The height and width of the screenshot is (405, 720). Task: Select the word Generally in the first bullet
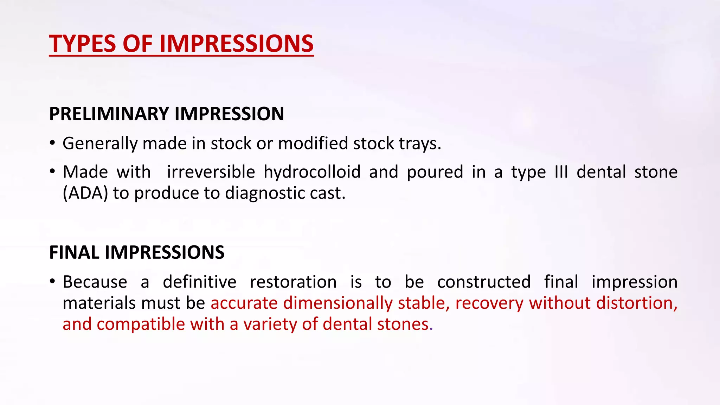click(100, 144)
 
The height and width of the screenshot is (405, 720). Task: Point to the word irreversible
click(211, 172)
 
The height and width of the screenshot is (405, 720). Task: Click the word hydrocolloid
click(312, 172)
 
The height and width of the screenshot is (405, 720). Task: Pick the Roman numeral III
click(561, 172)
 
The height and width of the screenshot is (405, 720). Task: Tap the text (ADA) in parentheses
click(85, 193)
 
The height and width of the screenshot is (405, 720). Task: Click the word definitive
click(199, 282)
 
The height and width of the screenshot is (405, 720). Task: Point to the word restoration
click(293, 282)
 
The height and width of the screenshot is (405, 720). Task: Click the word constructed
click(484, 282)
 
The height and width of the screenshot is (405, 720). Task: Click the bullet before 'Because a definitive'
click(52, 282)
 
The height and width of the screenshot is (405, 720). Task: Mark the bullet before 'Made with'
click(52, 172)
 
